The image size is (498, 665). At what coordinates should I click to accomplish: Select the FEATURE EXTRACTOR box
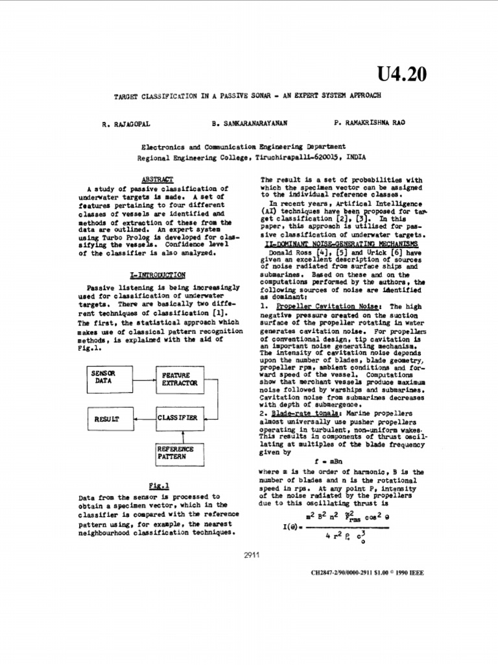pyautogui.click(x=176, y=380)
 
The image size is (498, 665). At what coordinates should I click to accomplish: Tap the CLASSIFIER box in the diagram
pyautogui.click(x=176, y=419)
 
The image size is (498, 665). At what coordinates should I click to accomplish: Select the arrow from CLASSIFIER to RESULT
pyautogui.click(x=142, y=420)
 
